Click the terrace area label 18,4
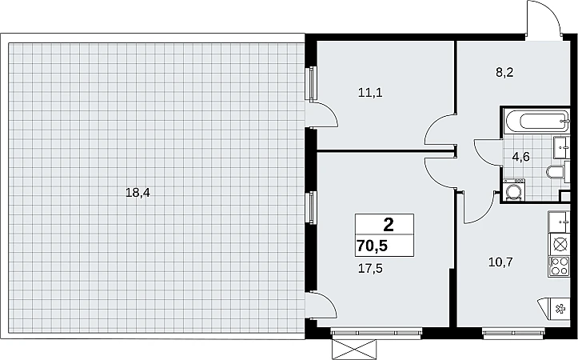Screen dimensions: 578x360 [138, 193]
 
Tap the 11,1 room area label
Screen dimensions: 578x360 [370, 93]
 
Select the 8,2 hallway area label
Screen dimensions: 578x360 [504, 72]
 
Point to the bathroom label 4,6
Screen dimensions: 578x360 [521, 157]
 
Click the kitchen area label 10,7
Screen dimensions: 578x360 [500, 262]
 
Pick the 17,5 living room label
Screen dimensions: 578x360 [370, 269]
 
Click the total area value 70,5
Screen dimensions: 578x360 [372, 246]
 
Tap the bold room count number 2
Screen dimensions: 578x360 [389, 224]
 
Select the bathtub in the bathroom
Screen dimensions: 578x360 [536, 122]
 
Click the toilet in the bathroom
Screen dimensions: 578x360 [555, 172]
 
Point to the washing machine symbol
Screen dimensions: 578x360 [513, 190]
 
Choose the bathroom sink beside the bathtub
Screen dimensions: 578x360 [562, 147]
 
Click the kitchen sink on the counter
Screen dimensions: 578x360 [560, 222]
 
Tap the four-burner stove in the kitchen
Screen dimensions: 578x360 [560, 266]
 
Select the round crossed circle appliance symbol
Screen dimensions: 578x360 [560, 245]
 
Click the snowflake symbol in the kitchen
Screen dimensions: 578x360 [560, 308]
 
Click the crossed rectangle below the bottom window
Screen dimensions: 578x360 [355, 350]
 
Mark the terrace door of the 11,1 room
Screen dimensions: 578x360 [321, 114]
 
